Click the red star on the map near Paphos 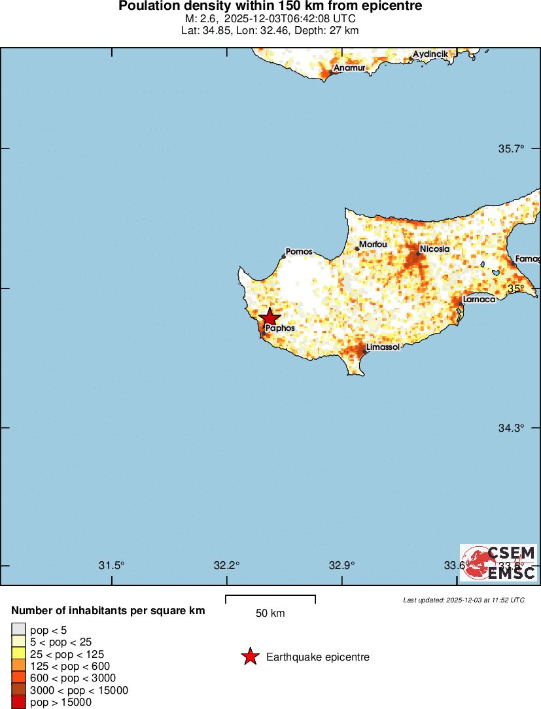269,319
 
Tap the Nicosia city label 434,249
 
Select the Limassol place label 383,347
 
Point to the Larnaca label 479,300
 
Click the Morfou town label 374,245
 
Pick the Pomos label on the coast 299,252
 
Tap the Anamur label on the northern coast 349,68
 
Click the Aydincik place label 430,54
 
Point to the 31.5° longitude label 111,566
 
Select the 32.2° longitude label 226,566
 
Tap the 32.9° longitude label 341,566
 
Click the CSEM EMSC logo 498,562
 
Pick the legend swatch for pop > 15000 18,702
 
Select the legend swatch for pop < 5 18,629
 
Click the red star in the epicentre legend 250,657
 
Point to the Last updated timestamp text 463,600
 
